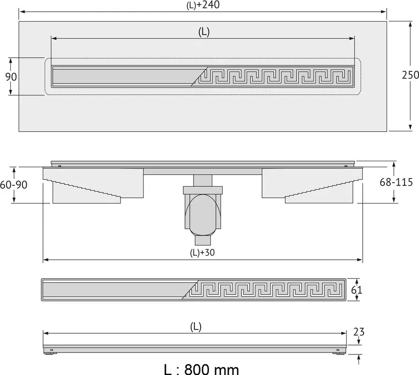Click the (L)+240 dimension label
203,5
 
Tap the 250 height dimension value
411,75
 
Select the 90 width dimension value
11,77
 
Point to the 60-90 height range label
14,185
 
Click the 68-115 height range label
397,182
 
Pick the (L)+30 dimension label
202,253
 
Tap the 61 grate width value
357,290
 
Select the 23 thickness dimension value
359,332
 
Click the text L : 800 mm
201,369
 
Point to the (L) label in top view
204,32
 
